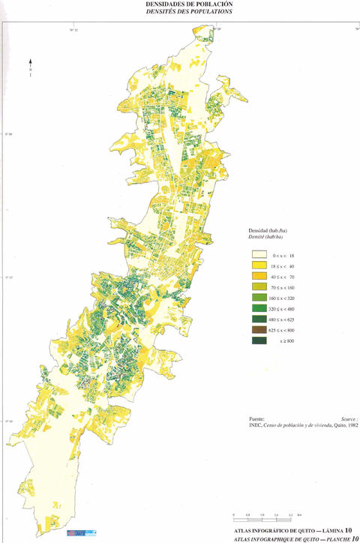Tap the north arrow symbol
(29, 67)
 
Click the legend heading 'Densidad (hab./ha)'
(268, 229)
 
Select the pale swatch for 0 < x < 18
(259, 255)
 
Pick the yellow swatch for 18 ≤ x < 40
(259, 265)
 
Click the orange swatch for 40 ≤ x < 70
(259, 277)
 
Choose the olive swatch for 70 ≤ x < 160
(259, 287)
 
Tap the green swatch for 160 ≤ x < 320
(259, 298)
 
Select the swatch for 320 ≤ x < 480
(259, 308)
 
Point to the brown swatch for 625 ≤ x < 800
(259, 330)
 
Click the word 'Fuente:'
(256, 418)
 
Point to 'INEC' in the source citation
(255, 425)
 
